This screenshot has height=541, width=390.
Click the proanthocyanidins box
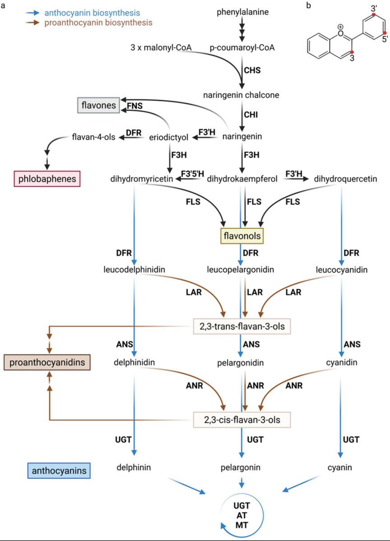point(47,362)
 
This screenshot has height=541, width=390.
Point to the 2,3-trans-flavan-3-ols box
point(242,326)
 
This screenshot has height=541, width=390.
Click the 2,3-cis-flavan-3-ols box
point(242,420)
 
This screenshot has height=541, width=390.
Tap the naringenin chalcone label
point(241,95)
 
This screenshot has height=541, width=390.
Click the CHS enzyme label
point(252,70)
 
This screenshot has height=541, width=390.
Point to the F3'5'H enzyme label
point(193,173)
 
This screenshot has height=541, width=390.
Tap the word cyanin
point(339,468)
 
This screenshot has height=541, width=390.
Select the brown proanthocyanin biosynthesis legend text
point(98,22)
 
